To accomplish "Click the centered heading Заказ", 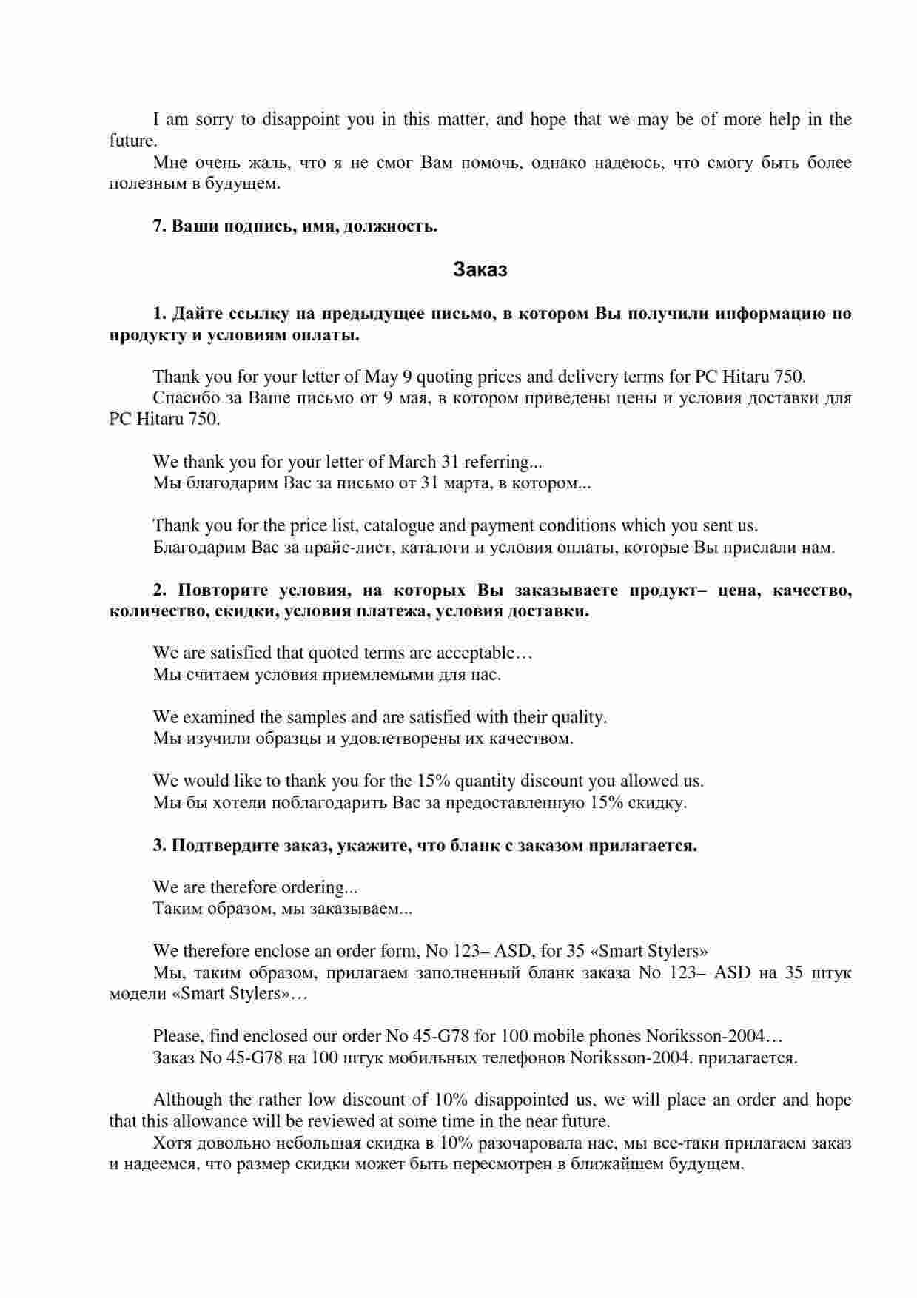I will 480,270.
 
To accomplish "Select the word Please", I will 177,1036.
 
